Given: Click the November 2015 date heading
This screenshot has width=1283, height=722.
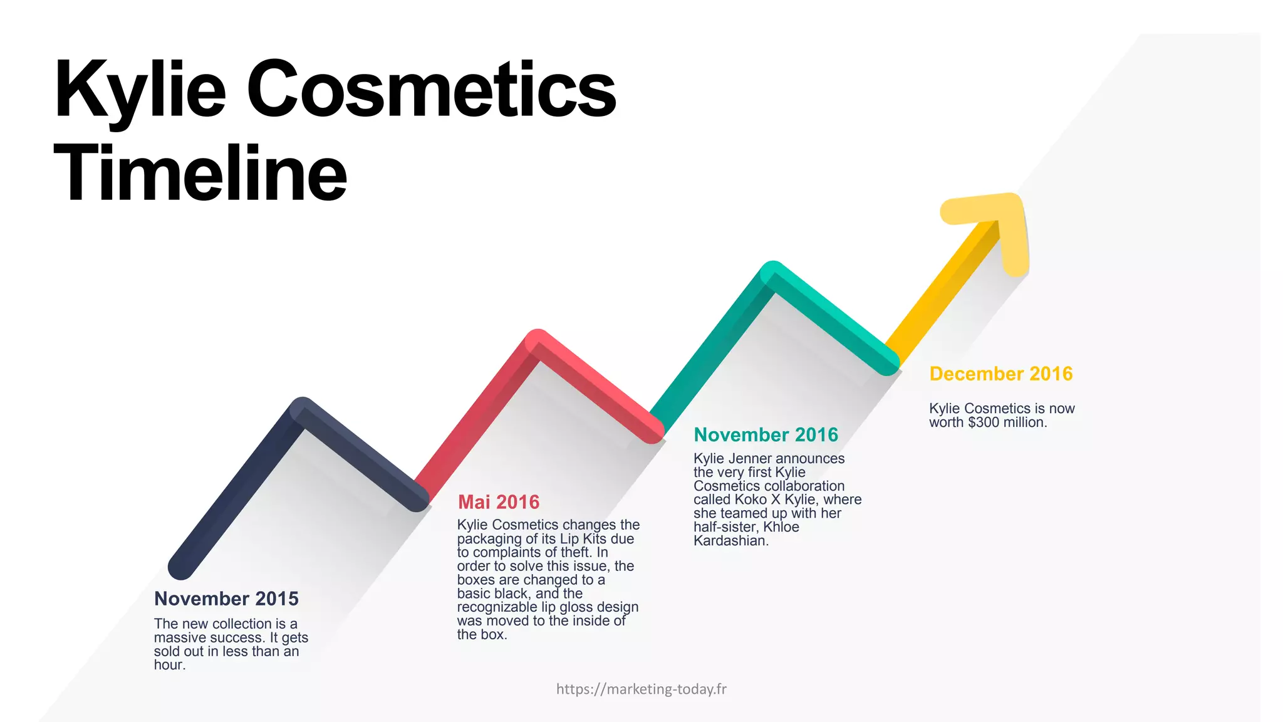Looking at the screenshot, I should [226, 599].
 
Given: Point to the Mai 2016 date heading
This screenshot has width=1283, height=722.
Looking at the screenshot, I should [498, 502].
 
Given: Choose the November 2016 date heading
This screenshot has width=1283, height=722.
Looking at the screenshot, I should [766, 435].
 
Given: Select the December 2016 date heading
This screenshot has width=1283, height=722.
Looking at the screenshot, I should [1000, 374].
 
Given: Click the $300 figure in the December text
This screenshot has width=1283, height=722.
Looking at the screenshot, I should [984, 422].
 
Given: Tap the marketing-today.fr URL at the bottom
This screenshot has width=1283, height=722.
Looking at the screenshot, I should [641, 689].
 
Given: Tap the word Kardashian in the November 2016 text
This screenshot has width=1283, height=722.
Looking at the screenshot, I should [730, 541].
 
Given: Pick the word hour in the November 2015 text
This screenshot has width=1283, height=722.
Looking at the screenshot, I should [169, 665].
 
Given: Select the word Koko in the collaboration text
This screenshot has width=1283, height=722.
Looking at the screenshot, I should [752, 500].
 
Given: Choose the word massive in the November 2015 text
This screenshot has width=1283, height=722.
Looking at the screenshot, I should [179, 637].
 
